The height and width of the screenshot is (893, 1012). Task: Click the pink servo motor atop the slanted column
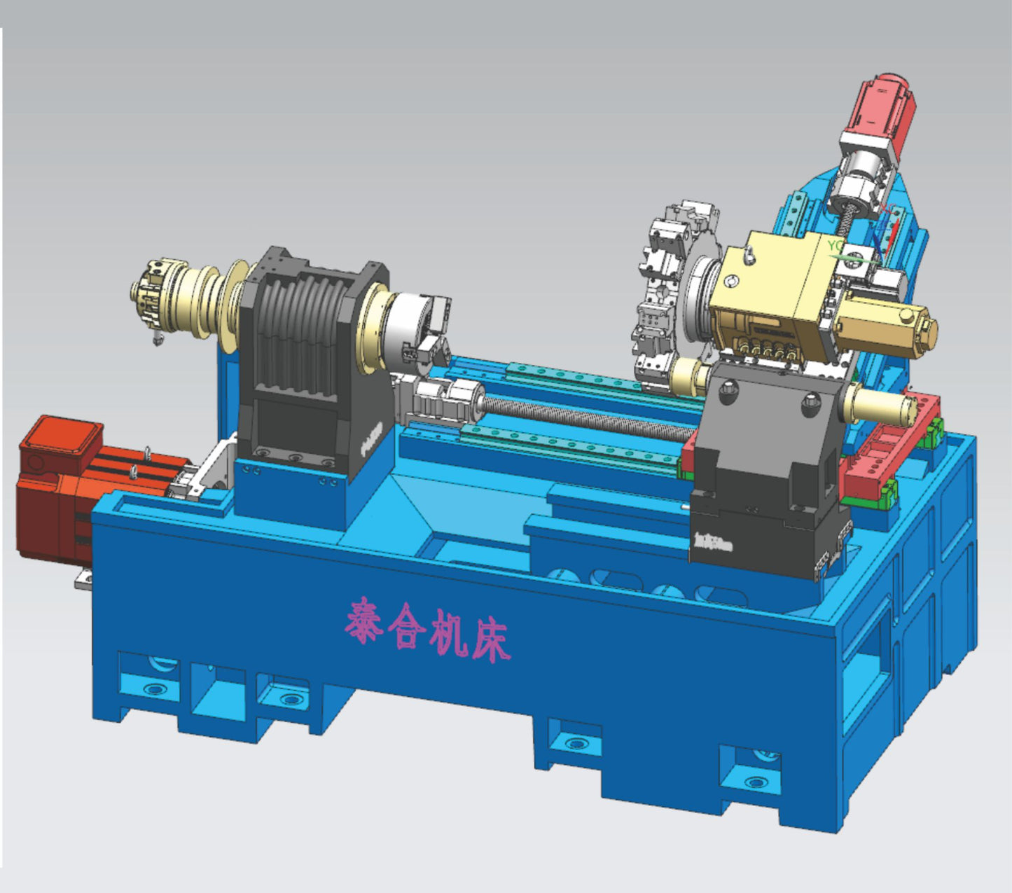click(884, 105)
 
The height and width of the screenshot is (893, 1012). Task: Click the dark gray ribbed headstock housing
click(308, 343)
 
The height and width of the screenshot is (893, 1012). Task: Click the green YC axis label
click(835, 246)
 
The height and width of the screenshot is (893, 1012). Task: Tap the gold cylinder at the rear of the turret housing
click(889, 328)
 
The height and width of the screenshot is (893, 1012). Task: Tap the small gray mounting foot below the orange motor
click(84, 579)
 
